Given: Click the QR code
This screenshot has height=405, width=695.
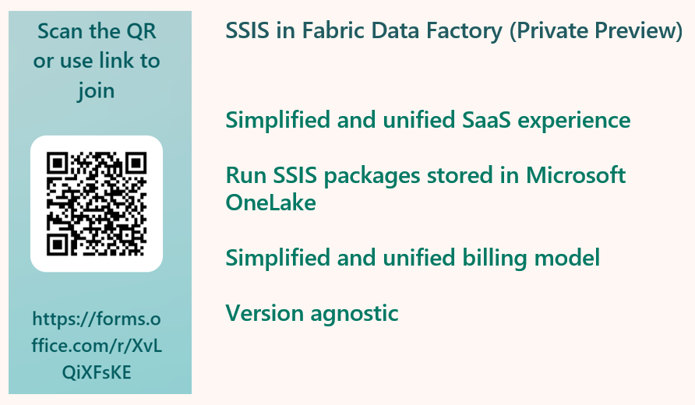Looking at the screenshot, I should (97, 203).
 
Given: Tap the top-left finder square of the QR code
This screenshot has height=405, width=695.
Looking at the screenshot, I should (58, 164).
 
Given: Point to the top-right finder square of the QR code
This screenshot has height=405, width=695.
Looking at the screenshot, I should (136, 164).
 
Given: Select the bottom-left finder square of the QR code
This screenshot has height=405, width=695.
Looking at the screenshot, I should (58, 242).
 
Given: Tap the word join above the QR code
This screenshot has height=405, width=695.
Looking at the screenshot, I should (97, 90).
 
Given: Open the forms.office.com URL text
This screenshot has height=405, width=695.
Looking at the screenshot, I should (97, 345).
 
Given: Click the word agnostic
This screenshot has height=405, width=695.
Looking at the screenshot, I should (354, 313).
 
